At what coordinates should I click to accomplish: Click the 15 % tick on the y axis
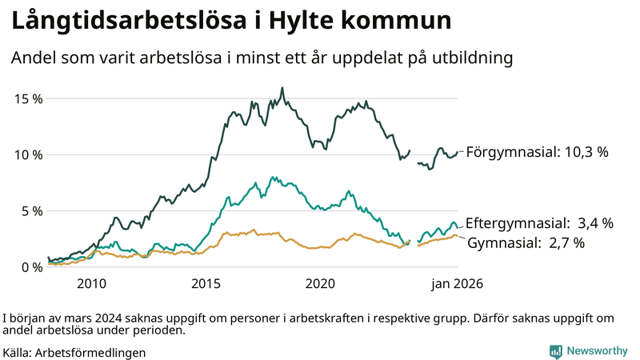(x=28, y=98)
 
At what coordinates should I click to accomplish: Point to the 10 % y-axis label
(x=28, y=154)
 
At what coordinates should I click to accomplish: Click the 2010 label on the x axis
(x=91, y=284)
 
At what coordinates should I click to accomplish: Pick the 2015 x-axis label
(x=206, y=284)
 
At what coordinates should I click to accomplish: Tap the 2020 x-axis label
(x=320, y=284)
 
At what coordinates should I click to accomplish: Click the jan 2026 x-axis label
(x=457, y=284)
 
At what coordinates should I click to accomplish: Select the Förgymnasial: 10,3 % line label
(x=538, y=151)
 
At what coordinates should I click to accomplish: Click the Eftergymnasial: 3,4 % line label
(x=539, y=223)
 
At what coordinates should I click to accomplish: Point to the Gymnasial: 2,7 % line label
(x=526, y=242)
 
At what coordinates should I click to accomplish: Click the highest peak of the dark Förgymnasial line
(x=282, y=88)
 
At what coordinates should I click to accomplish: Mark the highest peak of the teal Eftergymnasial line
(x=273, y=177)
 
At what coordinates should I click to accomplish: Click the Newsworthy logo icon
(x=555, y=351)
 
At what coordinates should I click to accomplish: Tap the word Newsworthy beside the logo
(x=598, y=351)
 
